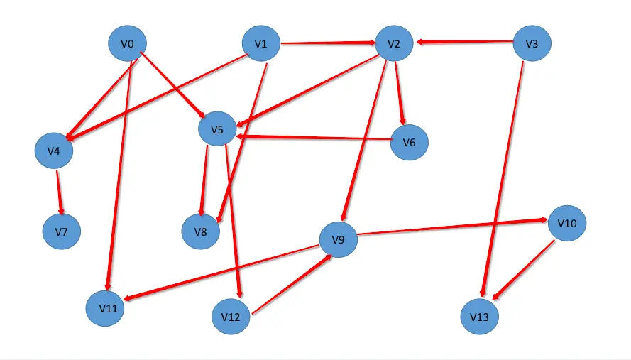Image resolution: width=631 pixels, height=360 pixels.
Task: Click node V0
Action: [128, 44]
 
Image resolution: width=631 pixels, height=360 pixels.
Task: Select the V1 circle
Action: [261, 44]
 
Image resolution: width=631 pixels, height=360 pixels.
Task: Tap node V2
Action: [394, 44]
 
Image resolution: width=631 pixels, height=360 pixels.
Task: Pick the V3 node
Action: [532, 44]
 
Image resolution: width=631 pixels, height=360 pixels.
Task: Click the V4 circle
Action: [54, 151]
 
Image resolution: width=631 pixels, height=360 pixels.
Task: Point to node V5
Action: [217, 129]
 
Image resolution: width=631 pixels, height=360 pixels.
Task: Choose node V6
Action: [409, 142]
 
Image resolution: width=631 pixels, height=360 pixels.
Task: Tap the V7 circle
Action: [61, 231]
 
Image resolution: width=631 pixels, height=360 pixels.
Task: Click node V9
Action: [338, 241]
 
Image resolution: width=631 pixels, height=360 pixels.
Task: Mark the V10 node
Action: [567, 223]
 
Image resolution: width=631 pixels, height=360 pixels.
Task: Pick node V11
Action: [106, 308]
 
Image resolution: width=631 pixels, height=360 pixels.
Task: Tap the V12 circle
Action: [231, 316]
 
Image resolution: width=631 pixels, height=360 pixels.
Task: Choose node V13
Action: [480, 316]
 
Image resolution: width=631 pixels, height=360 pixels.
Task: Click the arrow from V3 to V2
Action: [465, 44]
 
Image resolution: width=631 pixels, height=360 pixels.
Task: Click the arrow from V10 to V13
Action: [524, 270]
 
